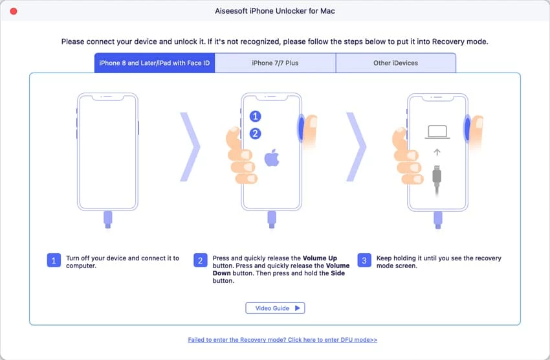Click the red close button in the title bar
(14, 11)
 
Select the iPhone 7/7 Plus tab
(275, 63)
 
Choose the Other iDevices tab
(395, 63)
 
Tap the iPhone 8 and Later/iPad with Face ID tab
(155, 63)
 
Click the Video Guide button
(275, 308)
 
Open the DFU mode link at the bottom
(282, 340)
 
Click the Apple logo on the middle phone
(272, 157)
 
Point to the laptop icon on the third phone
(437, 132)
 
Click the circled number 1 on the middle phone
(255, 116)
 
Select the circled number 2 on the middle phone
(255, 133)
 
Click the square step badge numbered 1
(54, 260)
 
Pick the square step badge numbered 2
(201, 260)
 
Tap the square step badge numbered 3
(364, 260)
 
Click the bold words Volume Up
(320, 258)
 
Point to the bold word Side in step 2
(338, 273)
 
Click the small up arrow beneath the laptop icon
(437, 152)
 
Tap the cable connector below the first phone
(107, 219)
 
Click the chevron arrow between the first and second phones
(190, 147)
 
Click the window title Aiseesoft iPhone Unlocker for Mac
(275, 11)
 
